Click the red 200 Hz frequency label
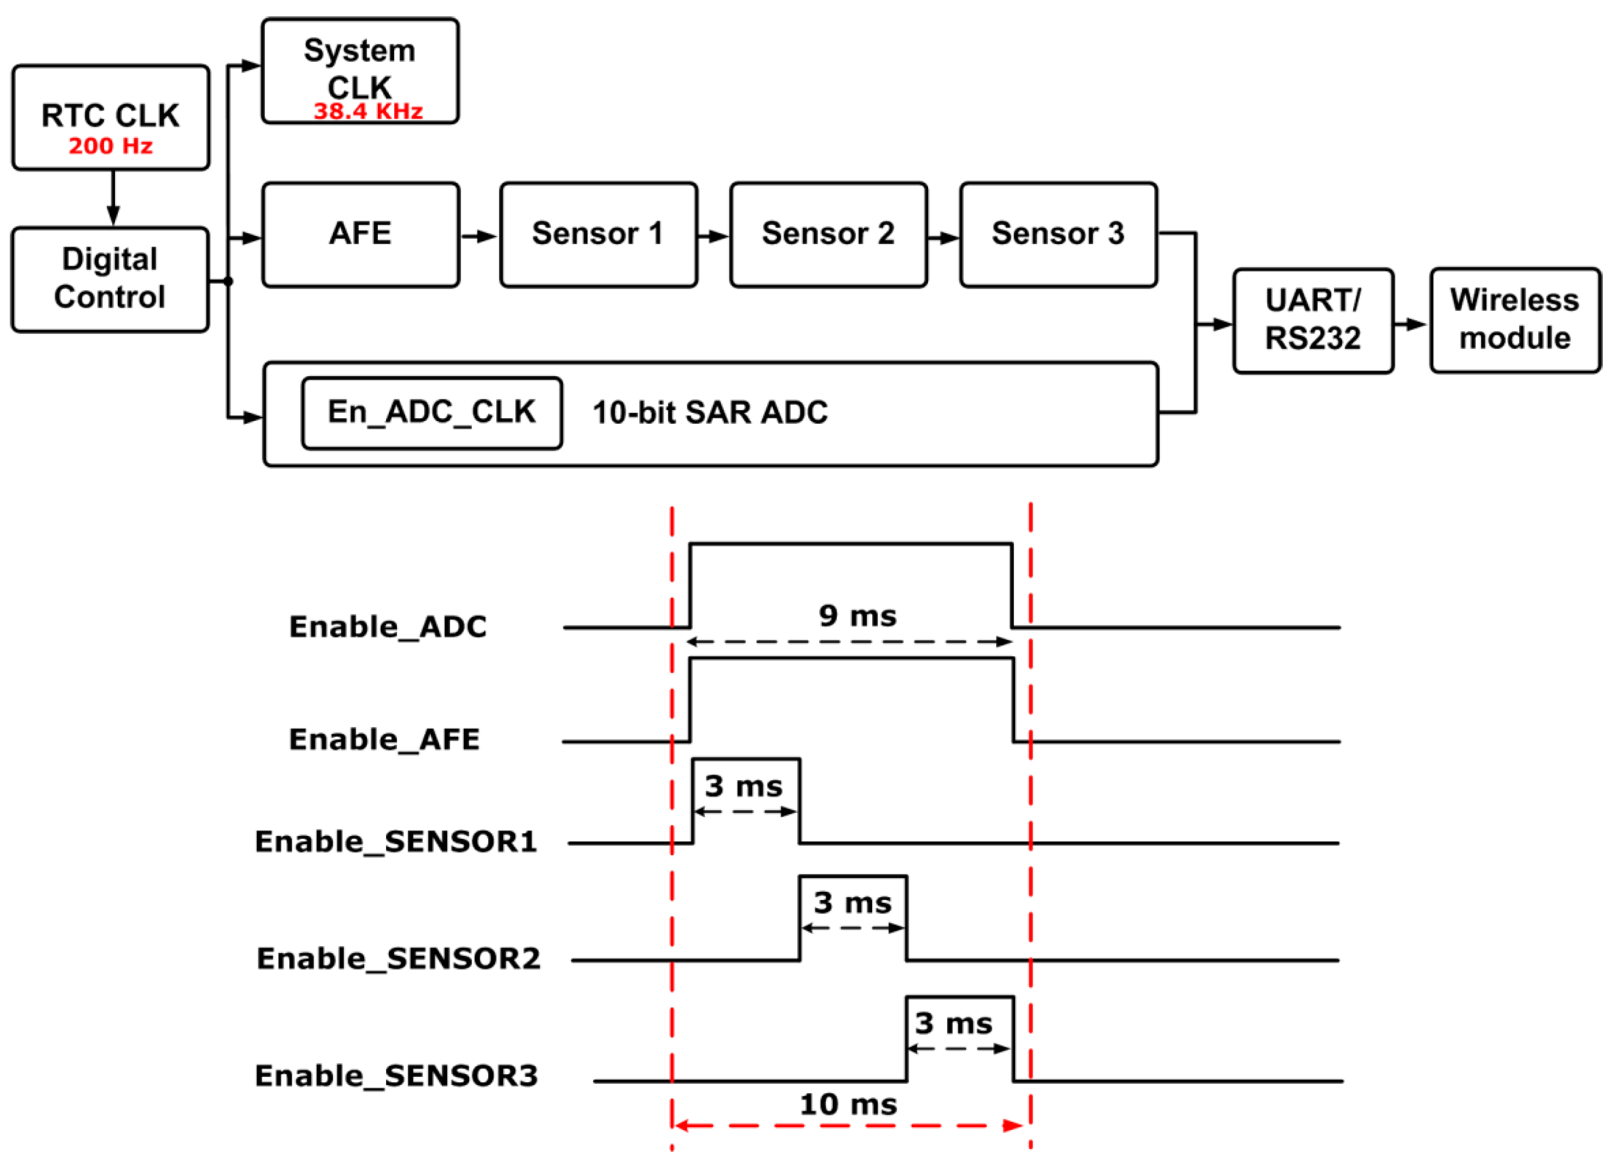[x=110, y=146]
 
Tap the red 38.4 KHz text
[x=368, y=112]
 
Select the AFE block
[x=360, y=234]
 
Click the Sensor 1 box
[x=598, y=234]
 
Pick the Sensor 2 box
[x=828, y=234]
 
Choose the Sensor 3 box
[x=1058, y=234]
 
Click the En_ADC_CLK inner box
[x=431, y=413]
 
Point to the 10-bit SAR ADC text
[x=710, y=413]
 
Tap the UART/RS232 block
[x=1313, y=320]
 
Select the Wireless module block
[x=1515, y=320]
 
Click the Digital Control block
[x=110, y=279]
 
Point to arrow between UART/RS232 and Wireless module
[x=1411, y=325]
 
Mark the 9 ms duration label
[x=857, y=615]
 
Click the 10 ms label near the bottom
[x=848, y=1104]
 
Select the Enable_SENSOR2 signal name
[x=398, y=959]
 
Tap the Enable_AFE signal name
[x=384, y=740]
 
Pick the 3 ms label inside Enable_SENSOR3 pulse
[x=953, y=1023]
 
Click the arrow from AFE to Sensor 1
[x=479, y=236]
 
